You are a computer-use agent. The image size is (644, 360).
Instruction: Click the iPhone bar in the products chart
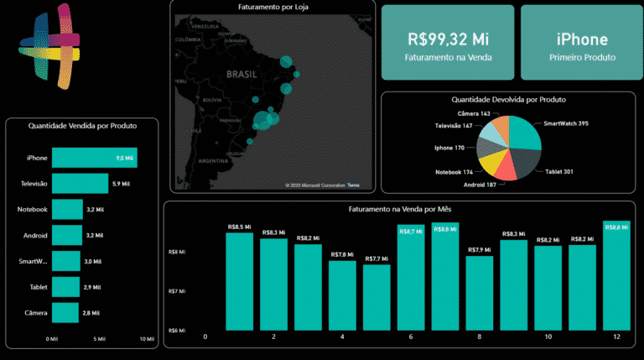coord(94,158)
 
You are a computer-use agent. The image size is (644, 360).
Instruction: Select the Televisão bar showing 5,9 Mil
coord(80,184)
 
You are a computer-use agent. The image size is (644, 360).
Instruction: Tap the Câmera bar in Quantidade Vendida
coord(65,312)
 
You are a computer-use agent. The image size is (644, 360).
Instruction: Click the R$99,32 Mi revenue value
coord(448,39)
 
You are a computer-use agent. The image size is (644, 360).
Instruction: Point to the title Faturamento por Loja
coord(273,8)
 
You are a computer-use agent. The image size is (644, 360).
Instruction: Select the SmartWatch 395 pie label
coord(566,123)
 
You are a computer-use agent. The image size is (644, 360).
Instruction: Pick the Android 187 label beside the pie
coord(480,184)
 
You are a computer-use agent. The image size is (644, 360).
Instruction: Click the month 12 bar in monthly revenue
coord(616,276)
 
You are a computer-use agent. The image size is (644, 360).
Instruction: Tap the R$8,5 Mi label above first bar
coord(239,226)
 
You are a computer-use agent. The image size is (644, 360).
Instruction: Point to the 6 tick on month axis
coord(411,337)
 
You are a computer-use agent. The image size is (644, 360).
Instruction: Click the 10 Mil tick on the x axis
coord(148,340)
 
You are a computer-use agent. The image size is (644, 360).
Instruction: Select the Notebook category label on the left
coord(34,209)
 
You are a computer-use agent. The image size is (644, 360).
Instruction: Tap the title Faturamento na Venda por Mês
coord(398,208)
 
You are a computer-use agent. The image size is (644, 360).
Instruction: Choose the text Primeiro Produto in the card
coord(582,58)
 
